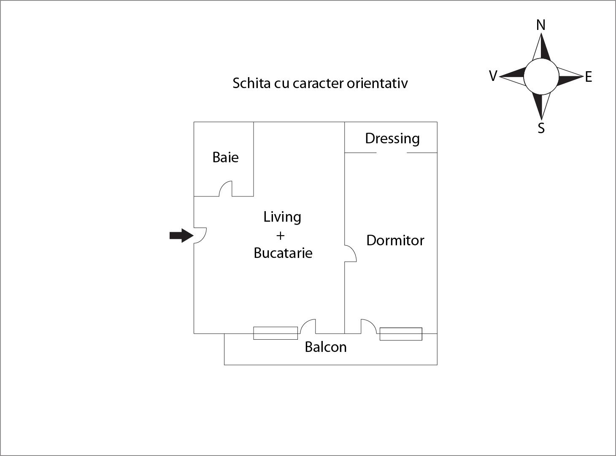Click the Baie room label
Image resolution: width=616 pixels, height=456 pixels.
pyautogui.click(x=225, y=157)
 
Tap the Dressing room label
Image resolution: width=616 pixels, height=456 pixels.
pyautogui.click(x=392, y=139)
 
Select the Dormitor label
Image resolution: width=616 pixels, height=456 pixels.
pyautogui.click(x=395, y=240)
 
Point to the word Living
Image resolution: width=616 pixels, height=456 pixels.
pyautogui.click(x=282, y=217)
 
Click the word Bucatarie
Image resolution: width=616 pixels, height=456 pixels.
pyautogui.click(x=283, y=253)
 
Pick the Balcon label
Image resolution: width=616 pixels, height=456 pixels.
pyautogui.click(x=326, y=347)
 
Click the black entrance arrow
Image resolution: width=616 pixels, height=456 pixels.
pyautogui.click(x=181, y=235)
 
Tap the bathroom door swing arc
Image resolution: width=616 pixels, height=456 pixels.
pyautogui.click(x=225, y=189)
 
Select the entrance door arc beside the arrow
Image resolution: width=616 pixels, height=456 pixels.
pyautogui.click(x=200, y=235)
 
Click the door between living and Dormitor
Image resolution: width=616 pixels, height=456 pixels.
pyautogui.click(x=351, y=253)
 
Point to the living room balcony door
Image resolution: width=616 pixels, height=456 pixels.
pyautogui.click(x=308, y=326)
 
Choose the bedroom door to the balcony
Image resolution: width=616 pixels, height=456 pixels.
pyautogui.click(x=369, y=326)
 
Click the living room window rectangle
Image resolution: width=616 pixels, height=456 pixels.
pyautogui.click(x=276, y=333)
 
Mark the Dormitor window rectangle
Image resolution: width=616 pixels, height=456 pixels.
pyautogui.click(x=401, y=334)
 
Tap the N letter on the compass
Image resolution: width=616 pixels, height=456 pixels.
pyautogui.click(x=541, y=25)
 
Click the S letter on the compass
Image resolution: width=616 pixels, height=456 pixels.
pyautogui.click(x=541, y=128)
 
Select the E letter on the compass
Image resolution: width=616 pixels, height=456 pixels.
pyautogui.click(x=589, y=77)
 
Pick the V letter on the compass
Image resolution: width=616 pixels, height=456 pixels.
pyautogui.click(x=493, y=76)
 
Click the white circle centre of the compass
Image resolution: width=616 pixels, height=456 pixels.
pyautogui.click(x=541, y=76)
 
